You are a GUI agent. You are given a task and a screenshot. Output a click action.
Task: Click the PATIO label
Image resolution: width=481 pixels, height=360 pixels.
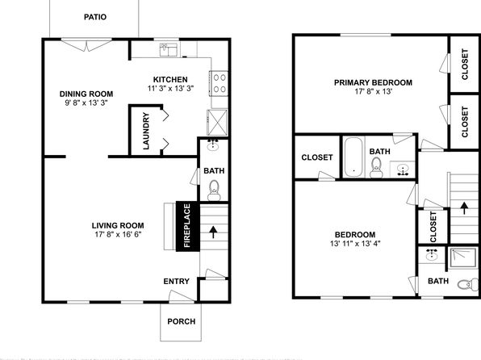95,17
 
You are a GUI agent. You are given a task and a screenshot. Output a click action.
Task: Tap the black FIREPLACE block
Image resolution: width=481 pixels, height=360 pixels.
187,226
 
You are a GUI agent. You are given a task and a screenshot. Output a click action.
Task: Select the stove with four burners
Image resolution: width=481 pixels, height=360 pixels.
219,83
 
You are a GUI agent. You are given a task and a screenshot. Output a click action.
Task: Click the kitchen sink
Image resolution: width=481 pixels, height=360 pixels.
169,50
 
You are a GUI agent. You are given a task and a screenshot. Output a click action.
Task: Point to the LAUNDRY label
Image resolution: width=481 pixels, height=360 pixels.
146,131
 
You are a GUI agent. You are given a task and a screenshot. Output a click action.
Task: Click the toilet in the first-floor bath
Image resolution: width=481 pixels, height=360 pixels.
214,190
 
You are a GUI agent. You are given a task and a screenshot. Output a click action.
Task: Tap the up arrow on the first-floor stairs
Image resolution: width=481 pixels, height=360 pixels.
214,232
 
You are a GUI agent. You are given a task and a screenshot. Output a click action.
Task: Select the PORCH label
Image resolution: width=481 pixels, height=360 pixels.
182,321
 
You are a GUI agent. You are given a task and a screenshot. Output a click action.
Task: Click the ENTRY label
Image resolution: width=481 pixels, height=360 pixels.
176,281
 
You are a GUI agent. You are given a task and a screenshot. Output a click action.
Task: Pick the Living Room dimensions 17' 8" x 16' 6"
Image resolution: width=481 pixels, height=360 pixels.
118,234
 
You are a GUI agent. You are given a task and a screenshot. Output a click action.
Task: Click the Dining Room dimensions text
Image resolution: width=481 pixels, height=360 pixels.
86,103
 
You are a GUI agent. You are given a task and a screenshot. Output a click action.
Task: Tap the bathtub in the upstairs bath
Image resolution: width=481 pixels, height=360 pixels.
353,157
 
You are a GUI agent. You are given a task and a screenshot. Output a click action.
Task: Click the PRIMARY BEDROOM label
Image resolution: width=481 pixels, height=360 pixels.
373,82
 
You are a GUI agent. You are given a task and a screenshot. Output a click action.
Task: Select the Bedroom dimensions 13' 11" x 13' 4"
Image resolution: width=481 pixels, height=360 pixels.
355,244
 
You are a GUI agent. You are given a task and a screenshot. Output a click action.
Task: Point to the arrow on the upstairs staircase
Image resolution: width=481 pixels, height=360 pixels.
464,208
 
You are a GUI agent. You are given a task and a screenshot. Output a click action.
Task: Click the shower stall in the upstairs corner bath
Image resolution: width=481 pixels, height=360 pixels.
463,257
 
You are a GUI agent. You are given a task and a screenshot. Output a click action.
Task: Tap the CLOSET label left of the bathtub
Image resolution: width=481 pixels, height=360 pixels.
317,157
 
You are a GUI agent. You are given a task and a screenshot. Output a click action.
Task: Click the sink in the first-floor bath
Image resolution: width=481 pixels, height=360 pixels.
213,145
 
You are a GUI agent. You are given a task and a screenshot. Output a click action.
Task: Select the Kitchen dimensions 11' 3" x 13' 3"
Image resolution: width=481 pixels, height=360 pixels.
170,89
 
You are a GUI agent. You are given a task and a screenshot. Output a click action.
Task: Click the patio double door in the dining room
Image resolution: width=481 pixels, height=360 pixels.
86,45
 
